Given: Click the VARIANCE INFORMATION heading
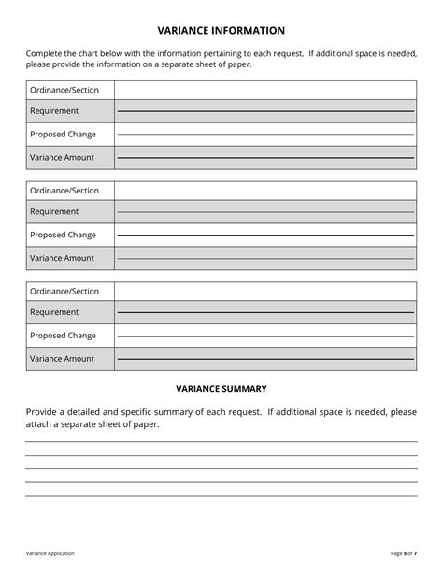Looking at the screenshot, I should pyautogui.click(x=221, y=31).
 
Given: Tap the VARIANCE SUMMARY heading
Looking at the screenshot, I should pyautogui.click(x=221, y=388).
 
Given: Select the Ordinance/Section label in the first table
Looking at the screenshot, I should pyautogui.click(x=64, y=90).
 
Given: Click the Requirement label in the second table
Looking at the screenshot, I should pyautogui.click(x=54, y=212).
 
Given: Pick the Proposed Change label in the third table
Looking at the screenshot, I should pyautogui.click(x=63, y=336).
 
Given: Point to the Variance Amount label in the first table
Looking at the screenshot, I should pyautogui.click(x=62, y=157).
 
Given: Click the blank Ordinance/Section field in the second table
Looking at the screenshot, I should pyautogui.click(x=265, y=191).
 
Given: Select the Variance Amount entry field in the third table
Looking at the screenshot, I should pyautogui.click(x=265, y=359).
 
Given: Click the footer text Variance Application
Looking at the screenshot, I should pyautogui.click(x=50, y=553).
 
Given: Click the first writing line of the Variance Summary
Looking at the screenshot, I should pyautogui.click(x=221, y=441).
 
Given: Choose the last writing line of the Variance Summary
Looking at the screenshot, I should pyautogui.click(x=221, y=495).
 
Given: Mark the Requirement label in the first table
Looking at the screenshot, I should pyautogui.click(x=54, y=111).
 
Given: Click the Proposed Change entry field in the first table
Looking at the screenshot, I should pyautogui.click(x=265, y=135).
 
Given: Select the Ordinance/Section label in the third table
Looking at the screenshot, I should pyautogui.click(x=64, y=292).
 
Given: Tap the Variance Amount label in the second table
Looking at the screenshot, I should pyautogui.click(x=62, y=258).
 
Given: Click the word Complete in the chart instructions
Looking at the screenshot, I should pyautogui.click(x=45, y=54).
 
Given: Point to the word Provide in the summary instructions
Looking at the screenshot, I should pyautogui.click(x=43, y=411).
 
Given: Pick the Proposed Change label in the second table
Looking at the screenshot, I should pyautogui.click(x=63, y=235).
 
